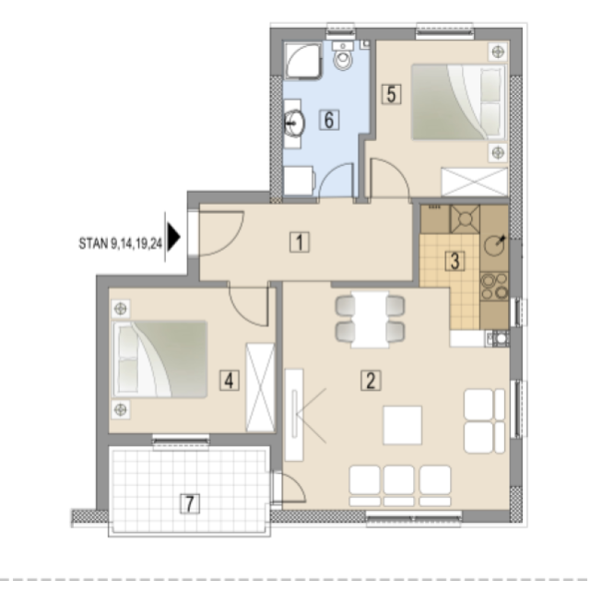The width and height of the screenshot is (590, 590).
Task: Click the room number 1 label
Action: coord(300,242)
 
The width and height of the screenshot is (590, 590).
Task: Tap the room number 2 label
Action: coord(371,380)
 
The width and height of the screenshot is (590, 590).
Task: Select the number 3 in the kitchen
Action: coord(454,261)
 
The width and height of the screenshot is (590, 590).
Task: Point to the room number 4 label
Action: coord(230,381)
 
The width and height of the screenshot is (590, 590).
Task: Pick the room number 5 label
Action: coord(391,94)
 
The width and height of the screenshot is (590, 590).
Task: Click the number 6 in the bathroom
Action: coord(329,120)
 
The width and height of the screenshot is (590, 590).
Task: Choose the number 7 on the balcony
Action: coord(190,504)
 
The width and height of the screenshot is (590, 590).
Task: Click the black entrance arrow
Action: coord(173,237)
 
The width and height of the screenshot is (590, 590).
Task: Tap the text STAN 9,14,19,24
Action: coord(121,243)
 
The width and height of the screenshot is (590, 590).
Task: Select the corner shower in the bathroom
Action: coord(303,60)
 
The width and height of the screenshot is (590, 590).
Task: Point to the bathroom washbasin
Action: coord(294,123)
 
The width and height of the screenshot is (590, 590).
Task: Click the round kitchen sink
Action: coord(494,246)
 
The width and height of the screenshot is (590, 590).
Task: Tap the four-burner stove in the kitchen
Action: coord(494,286)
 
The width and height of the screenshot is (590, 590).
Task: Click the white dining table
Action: coord(370,319)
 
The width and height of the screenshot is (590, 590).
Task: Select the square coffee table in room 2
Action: coord(402,425)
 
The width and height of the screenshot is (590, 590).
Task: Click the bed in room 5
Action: coord(459,102)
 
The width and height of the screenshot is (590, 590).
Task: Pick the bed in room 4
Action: coord(159,359)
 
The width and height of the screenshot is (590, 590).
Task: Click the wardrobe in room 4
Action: coord(260,387)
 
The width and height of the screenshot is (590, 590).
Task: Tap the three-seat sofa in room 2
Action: coord(400,486)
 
